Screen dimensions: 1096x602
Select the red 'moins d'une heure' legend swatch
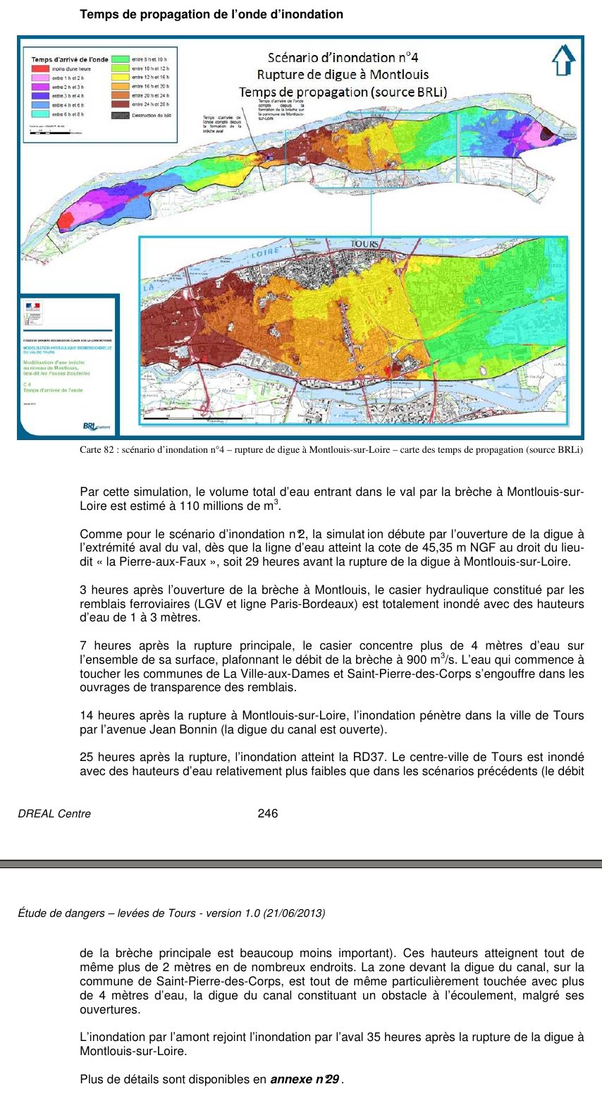[x=40, y=68]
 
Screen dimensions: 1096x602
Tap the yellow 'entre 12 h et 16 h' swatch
[x=121, y=78]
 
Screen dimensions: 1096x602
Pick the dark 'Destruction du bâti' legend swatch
[x=121, y=114]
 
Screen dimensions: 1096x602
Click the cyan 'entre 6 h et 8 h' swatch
[x=40, y=114]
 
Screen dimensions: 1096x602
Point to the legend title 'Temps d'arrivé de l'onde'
[x=70, y=59]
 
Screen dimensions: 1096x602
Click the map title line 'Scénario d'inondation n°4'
[x=343, y=58]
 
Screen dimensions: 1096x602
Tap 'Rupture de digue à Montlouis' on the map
[x=343, y=75]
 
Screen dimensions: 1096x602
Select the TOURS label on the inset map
[x=364, y=244]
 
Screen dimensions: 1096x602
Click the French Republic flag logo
[x=33, y=308]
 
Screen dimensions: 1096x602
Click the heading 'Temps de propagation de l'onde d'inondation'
[x=211, y=14]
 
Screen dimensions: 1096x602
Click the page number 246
[x=268, y=813]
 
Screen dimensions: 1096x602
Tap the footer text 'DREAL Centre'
[x=54, y=813]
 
